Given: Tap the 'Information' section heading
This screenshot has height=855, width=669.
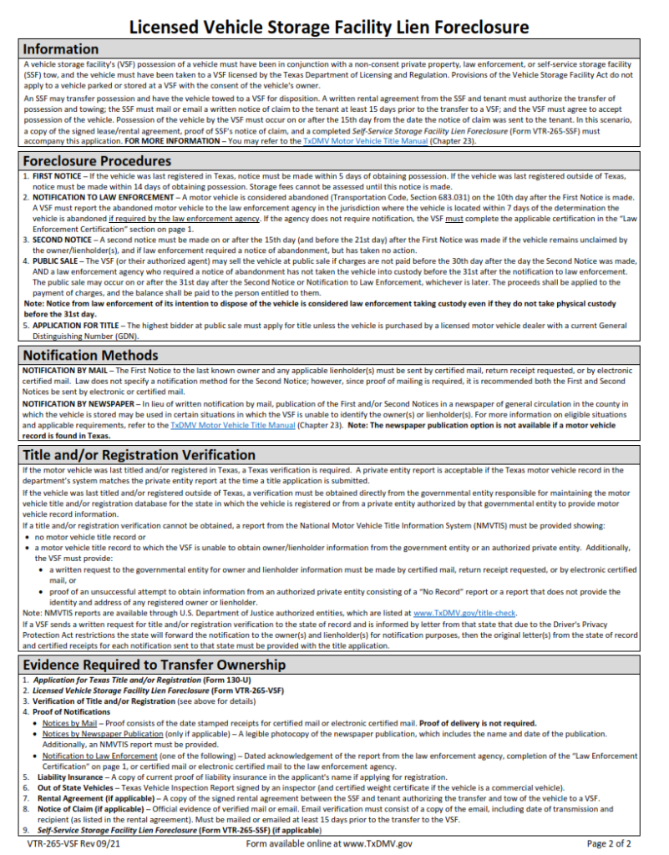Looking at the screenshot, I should point(61,49).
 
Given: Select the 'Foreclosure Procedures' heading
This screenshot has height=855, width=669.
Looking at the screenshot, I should point(97,160).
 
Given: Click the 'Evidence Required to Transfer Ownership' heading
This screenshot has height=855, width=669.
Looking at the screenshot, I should point(154,665).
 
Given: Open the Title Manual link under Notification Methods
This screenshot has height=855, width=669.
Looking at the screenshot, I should point(232,425).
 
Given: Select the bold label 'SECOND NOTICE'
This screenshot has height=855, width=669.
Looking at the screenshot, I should point(62,239).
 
